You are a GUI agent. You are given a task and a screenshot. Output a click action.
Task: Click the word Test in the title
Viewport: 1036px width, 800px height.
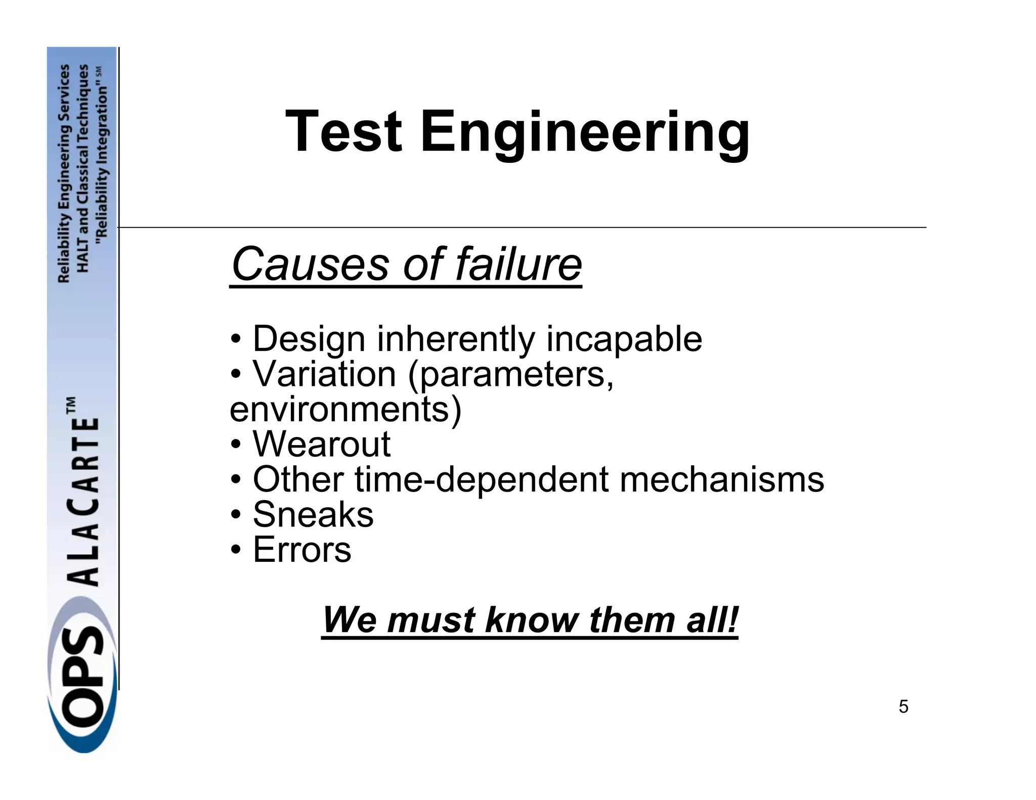point(344,132)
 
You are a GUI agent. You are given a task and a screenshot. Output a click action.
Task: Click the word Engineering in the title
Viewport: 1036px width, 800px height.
point(585,134)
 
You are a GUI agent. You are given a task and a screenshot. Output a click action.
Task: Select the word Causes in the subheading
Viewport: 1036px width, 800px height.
point(310,264)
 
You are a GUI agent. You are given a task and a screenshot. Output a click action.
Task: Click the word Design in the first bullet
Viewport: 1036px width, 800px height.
point(309,339)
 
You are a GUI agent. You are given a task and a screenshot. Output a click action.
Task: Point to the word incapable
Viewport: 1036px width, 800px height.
point(624,339)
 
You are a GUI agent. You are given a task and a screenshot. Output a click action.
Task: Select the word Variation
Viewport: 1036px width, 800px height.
point(324,374)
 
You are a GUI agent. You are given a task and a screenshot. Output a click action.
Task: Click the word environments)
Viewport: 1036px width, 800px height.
point(346,409)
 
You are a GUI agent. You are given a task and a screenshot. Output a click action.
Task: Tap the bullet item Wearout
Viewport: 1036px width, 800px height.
point(322,445)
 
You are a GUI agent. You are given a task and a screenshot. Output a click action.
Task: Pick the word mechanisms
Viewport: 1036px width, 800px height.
point(722,479)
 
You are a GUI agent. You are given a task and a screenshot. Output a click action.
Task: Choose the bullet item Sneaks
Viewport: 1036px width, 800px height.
point(313,515)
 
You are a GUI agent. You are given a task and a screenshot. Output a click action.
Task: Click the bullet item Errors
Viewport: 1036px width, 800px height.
point(302,550)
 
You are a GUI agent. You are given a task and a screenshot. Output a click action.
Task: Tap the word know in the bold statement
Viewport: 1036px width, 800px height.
point(533,620)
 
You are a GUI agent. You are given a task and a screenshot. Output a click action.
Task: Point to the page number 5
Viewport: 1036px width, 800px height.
point(903,706)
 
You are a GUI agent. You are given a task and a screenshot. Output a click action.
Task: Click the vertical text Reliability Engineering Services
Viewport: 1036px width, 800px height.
point(64,173)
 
